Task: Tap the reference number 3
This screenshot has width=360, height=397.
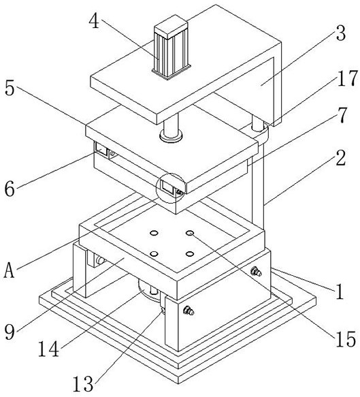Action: (340, 33)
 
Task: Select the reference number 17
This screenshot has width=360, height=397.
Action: (348, 79)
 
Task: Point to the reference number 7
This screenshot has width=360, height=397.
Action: (342, 116)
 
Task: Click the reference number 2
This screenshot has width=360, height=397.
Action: (341, 158)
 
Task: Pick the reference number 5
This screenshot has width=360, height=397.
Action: (10, 89)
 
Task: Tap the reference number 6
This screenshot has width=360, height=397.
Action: (10, 189)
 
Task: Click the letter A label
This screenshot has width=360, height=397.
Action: (10, 270)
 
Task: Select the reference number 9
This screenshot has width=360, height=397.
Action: (10, 332)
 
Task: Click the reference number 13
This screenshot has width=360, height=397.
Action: (83, 384)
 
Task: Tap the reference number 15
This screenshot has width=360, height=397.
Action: (346, 340)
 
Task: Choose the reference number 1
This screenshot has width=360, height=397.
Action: (340, 291)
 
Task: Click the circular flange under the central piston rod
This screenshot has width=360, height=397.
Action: (171, 136)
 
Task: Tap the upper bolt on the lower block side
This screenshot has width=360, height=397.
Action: (256, 272)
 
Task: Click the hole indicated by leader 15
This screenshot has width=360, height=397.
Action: (190, 233)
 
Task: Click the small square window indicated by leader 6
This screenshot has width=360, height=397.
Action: (101, 148)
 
